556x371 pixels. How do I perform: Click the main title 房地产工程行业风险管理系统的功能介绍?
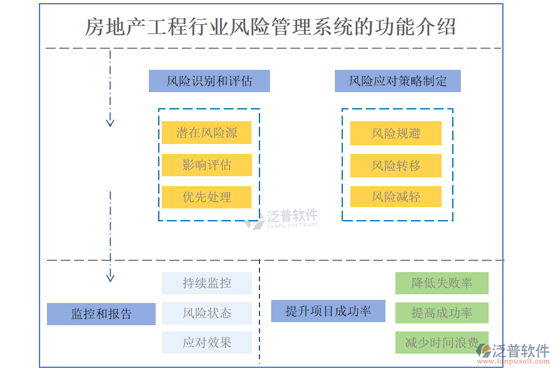271,27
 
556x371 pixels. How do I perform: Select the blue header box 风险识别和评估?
209,81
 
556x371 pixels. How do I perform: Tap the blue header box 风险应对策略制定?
397,81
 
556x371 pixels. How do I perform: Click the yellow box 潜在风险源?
206,133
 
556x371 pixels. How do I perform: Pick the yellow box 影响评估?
206,165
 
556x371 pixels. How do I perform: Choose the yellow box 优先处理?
206,197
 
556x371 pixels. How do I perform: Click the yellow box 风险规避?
395,133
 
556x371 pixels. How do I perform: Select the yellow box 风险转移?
395,165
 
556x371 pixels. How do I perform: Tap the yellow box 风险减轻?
395,197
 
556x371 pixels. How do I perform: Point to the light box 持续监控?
206,283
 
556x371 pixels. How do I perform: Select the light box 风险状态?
206,313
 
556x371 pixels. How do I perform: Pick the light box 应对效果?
206,343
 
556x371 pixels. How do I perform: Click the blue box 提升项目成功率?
328,311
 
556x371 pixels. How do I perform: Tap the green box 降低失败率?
442,283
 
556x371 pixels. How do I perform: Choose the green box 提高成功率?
442,313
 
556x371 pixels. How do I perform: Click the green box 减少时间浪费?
442,343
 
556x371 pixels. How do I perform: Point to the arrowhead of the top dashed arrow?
110,122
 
